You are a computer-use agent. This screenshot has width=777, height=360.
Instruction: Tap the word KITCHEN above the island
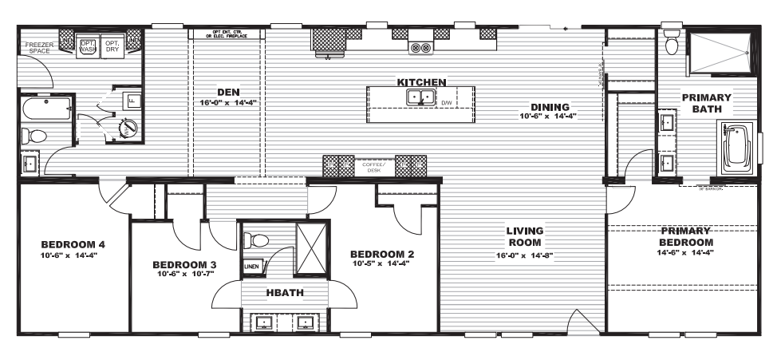[x=421, y=82]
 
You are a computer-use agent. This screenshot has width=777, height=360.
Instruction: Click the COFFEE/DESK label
[x=373, y=167]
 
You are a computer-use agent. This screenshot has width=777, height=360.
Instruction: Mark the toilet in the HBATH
[x=256, y=239]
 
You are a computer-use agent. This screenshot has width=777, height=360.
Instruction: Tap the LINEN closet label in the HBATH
[x=250, y=267]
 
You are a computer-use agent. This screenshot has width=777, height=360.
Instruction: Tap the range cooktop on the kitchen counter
[x=420, y=47]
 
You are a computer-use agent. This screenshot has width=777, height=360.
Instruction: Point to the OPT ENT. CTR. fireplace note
[x=229, y=34]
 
